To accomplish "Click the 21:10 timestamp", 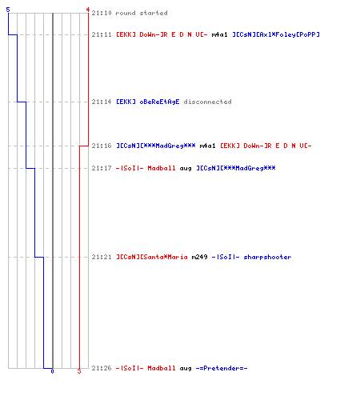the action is tap(102, 13).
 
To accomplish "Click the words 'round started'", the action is tap(142, 13).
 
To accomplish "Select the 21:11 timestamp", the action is tap(102, 34).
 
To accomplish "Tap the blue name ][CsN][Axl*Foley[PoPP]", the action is tap(276, 34).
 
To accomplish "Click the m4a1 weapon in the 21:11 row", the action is tap(219, 34).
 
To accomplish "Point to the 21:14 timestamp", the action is tap(102, 102).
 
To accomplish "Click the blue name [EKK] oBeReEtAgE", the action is tap(148, 102).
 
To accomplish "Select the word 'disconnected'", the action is tap(207, 102).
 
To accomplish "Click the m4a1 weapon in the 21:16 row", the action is tap(207, 146).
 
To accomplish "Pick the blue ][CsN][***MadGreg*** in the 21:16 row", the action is tap(156, 146).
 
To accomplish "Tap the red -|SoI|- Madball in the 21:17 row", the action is tap(146, 168).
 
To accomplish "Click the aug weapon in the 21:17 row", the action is tap(186, 169).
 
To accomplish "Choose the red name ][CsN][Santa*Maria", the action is tap(152, 257).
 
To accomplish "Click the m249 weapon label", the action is tap(199, 257).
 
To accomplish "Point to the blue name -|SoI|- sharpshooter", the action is tap(251, 257).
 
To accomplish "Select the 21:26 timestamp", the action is tap(102, 368).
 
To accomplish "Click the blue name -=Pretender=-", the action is tap(222, 368).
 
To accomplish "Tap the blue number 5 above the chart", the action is tap(8, 10).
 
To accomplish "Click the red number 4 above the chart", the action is tap(88, 10).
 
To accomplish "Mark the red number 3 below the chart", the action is tap(79, 371).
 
